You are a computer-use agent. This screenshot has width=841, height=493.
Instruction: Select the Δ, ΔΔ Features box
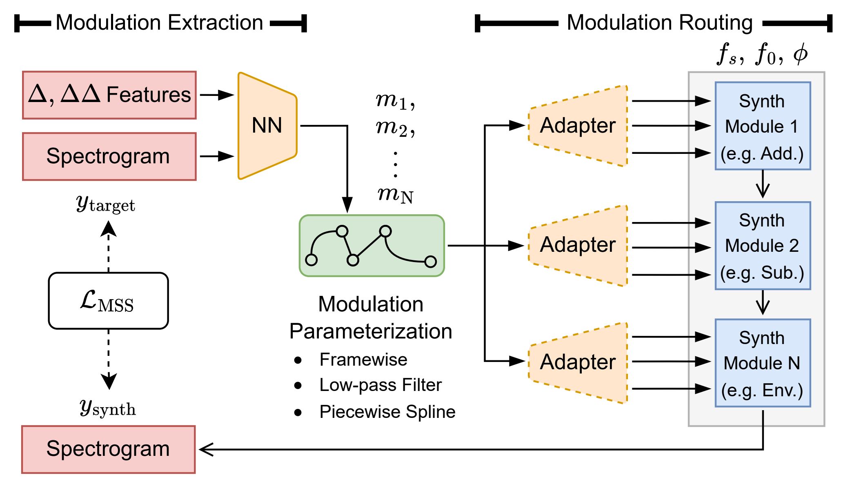coord(109,95)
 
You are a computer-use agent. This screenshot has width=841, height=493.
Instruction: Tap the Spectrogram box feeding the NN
coord(109,156)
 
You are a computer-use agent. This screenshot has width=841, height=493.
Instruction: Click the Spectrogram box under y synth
coord(109,449)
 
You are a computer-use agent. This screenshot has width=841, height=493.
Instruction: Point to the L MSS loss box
coord(108,301)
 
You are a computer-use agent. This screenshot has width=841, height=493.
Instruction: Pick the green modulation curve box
coord(372,246)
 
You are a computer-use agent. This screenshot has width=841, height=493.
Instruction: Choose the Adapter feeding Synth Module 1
coord(578,126)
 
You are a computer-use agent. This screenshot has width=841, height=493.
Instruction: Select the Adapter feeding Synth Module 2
coord(578,245)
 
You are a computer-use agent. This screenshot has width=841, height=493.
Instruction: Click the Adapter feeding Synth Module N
coord(578,362)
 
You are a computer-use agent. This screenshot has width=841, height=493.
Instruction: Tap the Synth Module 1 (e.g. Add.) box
coord(762,126)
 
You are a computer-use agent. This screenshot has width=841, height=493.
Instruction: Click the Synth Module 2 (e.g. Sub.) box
coord(762,246)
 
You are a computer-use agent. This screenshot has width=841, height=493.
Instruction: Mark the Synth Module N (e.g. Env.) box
coord(762,363)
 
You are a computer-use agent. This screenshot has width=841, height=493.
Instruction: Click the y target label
coord(106,204)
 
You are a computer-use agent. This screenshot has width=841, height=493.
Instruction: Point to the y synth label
coord(108,408)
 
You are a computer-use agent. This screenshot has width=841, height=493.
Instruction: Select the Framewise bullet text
coord(363,360)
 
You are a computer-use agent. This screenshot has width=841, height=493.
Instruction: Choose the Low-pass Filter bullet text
coord(380,385)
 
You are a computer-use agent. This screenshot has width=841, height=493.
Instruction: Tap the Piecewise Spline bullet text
coord(387,412)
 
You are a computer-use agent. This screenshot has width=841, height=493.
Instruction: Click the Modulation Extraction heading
coord(159,23)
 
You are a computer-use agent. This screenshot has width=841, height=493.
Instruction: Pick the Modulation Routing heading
coord(659,23)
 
